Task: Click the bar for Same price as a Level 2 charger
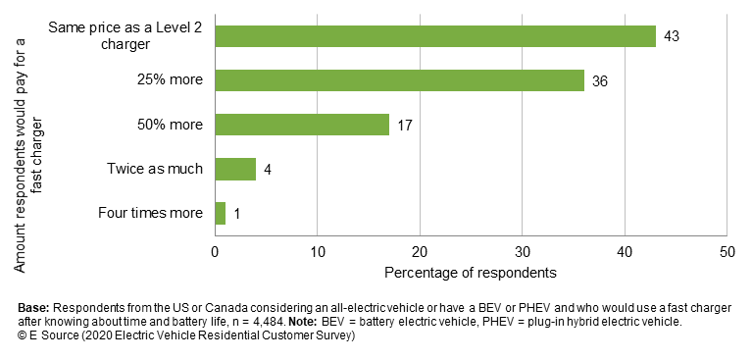tap(434, 36)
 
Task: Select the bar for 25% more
tap(399, 80)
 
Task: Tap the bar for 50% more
tap(302, 125)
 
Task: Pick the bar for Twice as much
tap(235, 169)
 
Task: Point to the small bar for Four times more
tap(221, 213)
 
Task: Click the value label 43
tap(672, 36)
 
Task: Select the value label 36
tap(600, 80)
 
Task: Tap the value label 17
tap(405, 125)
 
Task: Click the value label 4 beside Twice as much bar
tap(267, 169)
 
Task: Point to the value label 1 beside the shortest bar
tap(236, 213)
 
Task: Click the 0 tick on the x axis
tap(216, 251)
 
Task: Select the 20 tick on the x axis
tap(420, 251)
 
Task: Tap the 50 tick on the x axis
tap(726, 251)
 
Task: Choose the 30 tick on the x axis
tap(522, 251)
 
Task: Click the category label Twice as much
tap(155, 169)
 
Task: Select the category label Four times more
tap(151, 213)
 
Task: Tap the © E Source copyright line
tap(185, 335)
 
